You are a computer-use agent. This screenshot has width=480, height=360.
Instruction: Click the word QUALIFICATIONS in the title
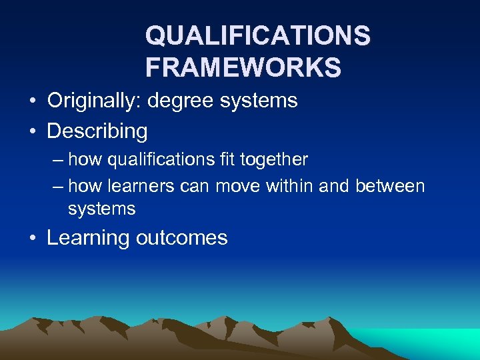pos(257,36)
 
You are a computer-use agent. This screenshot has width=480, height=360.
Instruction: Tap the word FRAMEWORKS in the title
pos(243,67)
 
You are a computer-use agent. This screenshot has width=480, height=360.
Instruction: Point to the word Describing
pos(97,131)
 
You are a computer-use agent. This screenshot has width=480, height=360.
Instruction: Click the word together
pos(277,160)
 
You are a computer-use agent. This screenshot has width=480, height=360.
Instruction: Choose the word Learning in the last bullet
pos(88,238)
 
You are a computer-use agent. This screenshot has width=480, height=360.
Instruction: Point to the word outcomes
pos(181,238)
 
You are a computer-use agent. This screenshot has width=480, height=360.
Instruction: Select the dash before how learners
pos(57,187)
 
